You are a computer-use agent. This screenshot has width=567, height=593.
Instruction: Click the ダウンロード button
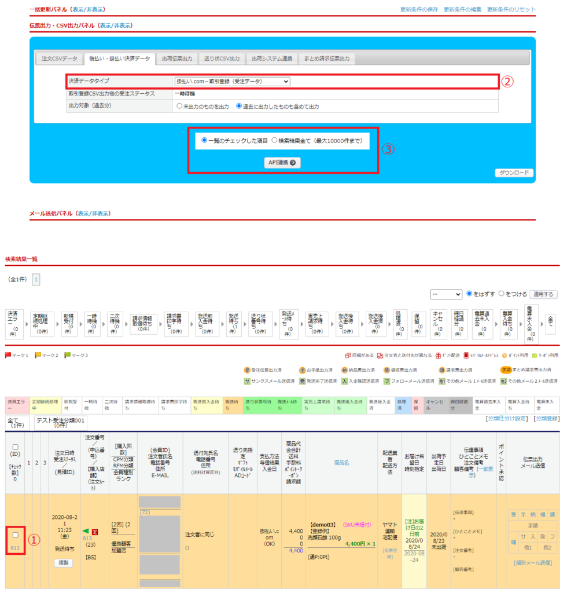click(x=514, y=173)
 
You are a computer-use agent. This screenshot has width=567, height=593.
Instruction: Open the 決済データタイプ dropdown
click(x=232, y=82)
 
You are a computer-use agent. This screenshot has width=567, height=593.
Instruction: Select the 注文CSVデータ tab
click(x=59, y=58)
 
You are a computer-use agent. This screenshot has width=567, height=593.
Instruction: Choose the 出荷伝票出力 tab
click(x=176, y=58)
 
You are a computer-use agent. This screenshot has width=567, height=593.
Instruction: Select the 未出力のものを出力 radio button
click(x=179, y=107)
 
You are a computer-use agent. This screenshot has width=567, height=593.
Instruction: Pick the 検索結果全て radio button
click(x=274, y=140)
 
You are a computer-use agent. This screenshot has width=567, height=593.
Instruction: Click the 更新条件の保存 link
click(x=419, y=10)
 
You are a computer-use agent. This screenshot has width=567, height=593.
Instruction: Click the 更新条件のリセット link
click(x=511, y=10)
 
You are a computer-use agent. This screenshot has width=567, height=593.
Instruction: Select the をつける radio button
click(x=502, y=294)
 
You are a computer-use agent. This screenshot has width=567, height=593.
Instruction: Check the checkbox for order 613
click(x=16, y=535)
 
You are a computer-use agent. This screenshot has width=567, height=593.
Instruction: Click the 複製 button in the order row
click(x=63, y=562)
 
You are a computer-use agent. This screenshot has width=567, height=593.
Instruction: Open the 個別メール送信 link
click(x=532, y=562)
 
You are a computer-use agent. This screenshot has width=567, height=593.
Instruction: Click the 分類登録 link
click(x=546, y=418)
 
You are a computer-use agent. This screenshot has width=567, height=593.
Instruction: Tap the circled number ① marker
click(x=35, y=540)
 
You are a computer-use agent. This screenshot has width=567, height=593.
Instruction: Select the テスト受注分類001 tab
click(x=60, y=421)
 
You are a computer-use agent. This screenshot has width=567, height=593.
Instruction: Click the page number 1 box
click(x=36, y=279)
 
